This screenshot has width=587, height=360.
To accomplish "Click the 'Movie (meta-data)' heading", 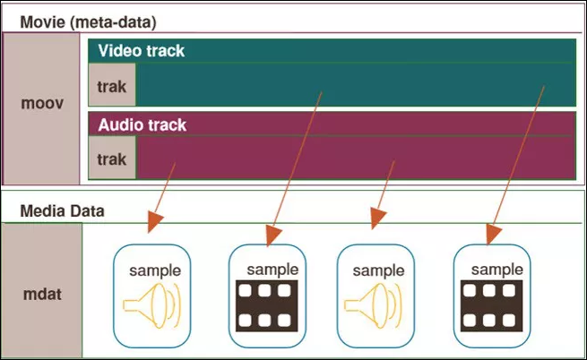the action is click(x=88, y=22).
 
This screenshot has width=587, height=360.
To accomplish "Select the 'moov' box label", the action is click(x=42, y=103).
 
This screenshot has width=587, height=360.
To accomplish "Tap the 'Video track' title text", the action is click(x=141, y=51).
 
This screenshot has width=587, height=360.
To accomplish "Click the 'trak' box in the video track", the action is click(x=112, y=84).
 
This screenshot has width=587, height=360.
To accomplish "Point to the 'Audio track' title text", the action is click(x=142, y=125).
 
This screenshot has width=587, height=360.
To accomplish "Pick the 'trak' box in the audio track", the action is click(x=112, y=158).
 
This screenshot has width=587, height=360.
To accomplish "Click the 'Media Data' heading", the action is click(x=62, y=211).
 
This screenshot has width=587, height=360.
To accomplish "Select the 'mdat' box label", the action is click(x=42, y=294).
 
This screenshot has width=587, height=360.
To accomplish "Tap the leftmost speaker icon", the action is click(x=152, y=305).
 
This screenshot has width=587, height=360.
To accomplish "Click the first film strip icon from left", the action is click(x=266, y=305).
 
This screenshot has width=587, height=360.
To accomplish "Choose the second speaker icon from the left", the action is click(x=373, y=305).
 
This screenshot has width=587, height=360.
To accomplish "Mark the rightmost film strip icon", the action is click(x=491, y=305).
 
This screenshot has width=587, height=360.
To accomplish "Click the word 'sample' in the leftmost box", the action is click(x=155, y=271).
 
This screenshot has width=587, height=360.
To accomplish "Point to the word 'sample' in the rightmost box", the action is click(x=497, y=270).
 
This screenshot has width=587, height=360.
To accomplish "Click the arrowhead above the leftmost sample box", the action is click(x=154, y=221).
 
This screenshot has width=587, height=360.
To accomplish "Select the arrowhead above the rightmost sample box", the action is click(x=494, y=235).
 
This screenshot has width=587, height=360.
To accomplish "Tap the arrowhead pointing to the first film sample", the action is click(x=273, y=236).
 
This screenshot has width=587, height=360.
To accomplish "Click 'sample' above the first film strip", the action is click(x=272, y=270).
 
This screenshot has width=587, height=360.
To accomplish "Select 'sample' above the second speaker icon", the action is click(x=378, y=271).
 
